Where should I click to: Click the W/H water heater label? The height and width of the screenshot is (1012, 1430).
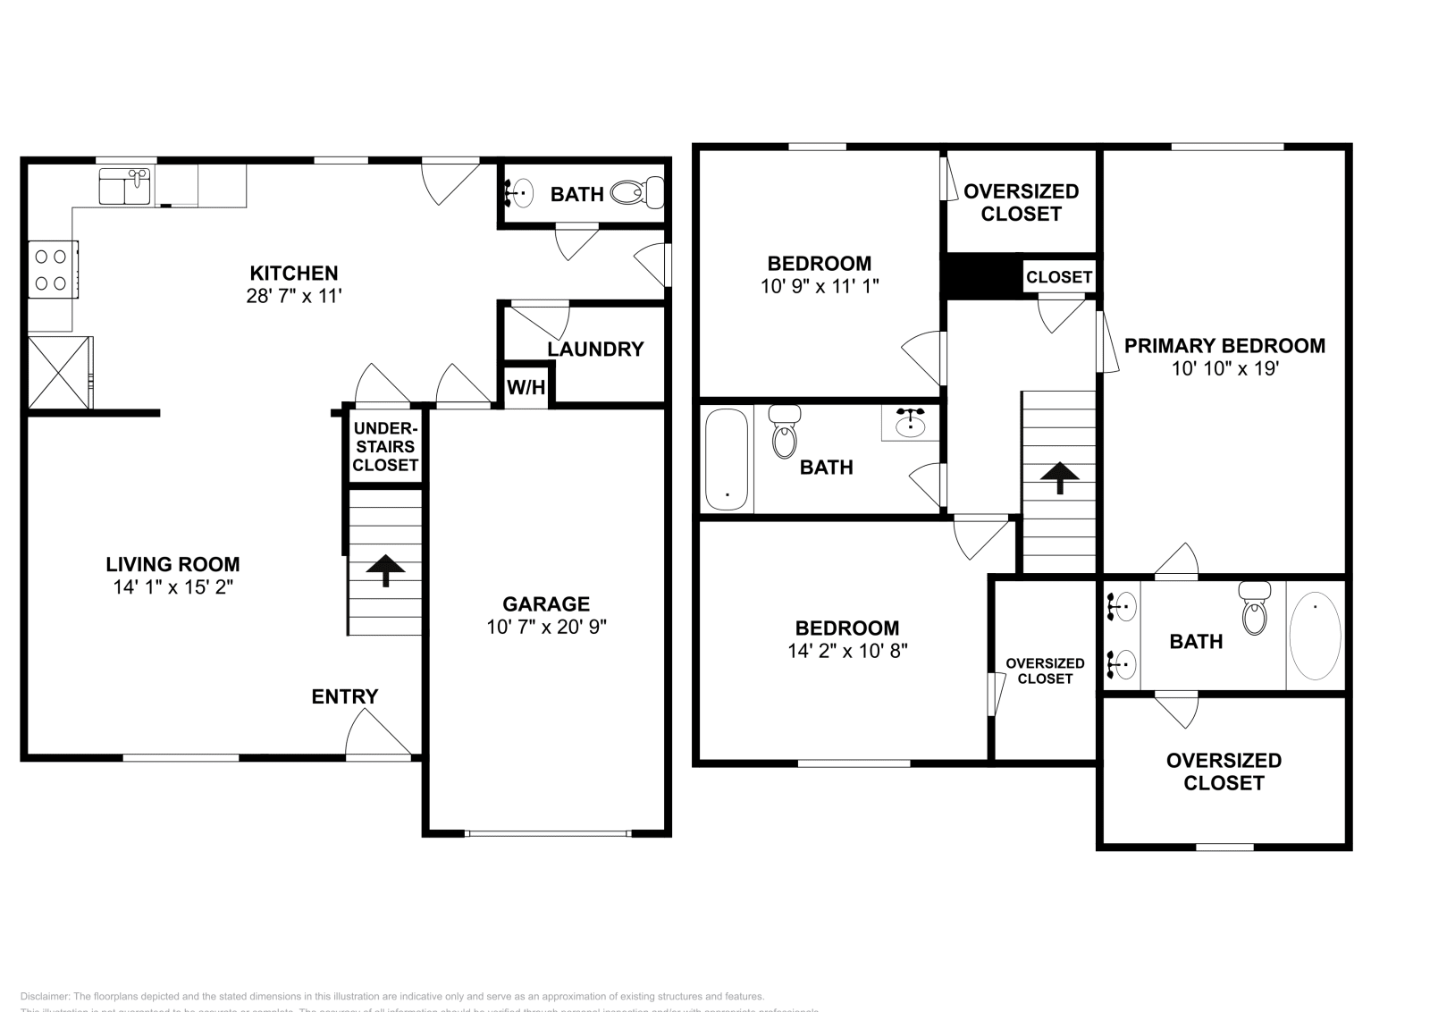point(526,387)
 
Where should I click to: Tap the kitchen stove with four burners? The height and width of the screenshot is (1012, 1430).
point(50,270)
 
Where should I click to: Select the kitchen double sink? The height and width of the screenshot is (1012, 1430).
point(124,186)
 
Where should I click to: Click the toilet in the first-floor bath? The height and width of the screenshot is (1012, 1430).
point(637,191)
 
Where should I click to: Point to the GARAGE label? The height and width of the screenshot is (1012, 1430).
point(545,603)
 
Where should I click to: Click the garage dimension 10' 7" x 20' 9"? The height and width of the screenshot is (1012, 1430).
point(545,627)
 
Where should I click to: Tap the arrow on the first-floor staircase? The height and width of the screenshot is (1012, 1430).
point(385,569)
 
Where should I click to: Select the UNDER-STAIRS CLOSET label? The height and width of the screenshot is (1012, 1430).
point(385,446)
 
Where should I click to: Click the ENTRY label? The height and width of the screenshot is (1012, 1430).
point(344,696)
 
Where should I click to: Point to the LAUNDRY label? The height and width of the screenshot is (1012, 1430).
point(595,350)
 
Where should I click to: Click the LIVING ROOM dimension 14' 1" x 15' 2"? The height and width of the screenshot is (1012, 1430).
point(172,587)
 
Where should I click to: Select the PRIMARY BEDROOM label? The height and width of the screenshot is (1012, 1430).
point(1224,346)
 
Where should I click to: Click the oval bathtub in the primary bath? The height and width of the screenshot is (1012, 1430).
point(1315,636)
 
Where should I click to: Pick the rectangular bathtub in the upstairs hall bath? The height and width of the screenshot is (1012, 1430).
point(726,460)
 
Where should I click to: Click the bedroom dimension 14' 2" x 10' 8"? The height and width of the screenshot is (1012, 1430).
point(847,651)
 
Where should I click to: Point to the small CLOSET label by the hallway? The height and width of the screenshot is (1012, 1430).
point(1059,277)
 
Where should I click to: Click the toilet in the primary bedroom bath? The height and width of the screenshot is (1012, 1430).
point(1255,608)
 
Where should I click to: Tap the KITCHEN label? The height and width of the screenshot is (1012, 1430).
point(293,274)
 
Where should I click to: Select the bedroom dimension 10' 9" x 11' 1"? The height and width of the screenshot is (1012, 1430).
point(820,287)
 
